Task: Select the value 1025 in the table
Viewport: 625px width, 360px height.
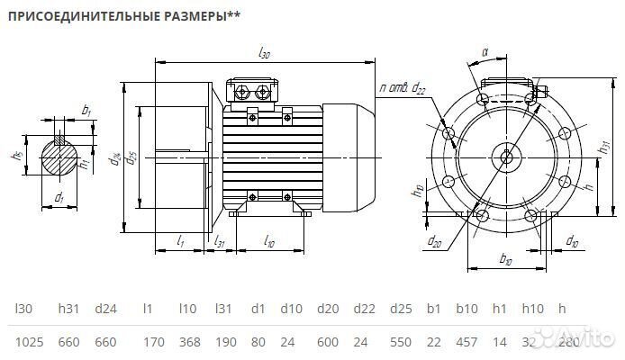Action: [31, 343]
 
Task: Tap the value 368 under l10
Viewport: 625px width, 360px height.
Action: [191, 343]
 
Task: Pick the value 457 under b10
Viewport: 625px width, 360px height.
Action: [467, 343]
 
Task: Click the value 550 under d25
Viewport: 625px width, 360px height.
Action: [403, 343]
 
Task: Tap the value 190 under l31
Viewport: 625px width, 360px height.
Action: [226, 343]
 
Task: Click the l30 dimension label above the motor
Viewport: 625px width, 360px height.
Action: [264, 55]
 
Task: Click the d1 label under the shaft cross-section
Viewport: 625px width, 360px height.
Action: [59, 196]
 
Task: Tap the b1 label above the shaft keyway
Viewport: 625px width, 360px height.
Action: [86, 110]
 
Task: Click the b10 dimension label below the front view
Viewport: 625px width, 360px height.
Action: [504, 259]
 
